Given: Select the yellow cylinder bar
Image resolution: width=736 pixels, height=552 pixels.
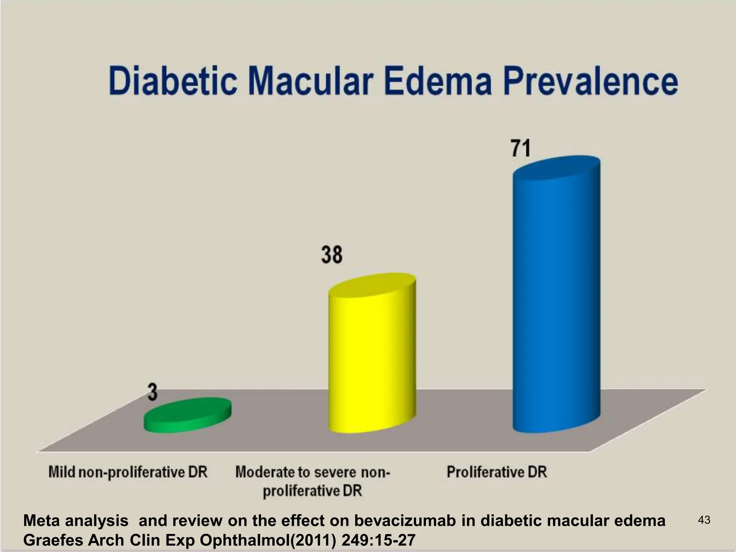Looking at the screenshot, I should [x=372, y=359].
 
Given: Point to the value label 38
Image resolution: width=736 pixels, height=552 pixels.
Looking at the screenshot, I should [x=331, y=255].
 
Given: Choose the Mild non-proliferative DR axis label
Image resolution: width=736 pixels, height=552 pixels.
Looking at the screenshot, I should [x=128, y=472].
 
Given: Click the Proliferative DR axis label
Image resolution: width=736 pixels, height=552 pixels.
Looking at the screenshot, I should [x=497, y=472].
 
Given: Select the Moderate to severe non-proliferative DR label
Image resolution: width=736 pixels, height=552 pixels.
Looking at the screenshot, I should [x=312, y=481].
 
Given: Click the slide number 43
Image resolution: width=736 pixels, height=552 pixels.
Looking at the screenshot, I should [x=704, y=520].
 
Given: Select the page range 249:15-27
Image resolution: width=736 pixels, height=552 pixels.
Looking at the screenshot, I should [x=378, y=540].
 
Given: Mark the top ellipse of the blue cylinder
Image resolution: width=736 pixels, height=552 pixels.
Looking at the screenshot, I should [x=556, y=167].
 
